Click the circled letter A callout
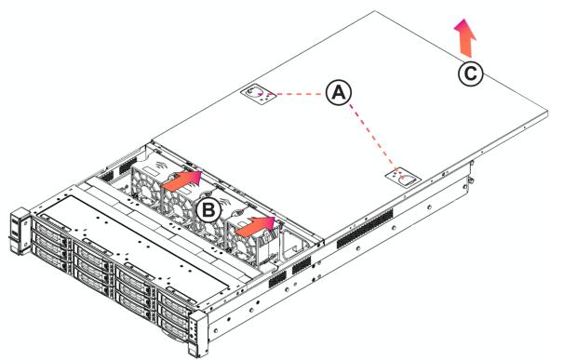[x=339, y=92]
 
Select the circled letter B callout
[x=208, y=210]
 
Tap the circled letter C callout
[x=471, y=73]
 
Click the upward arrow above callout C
[x=465, y=38]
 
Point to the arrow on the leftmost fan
[x=182, y=180]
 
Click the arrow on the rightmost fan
[x=256, y=226]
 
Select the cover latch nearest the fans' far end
[x=259, y=95]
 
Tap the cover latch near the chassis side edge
[x=403, y=179]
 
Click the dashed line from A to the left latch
[x=301, y=94]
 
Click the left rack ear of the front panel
[x=20, y=231]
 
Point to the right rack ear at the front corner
[x=197, y=334]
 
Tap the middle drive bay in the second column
[x=92, y=263]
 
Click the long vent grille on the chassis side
[x=365, y=228]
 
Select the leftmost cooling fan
[x=146, y=184]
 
